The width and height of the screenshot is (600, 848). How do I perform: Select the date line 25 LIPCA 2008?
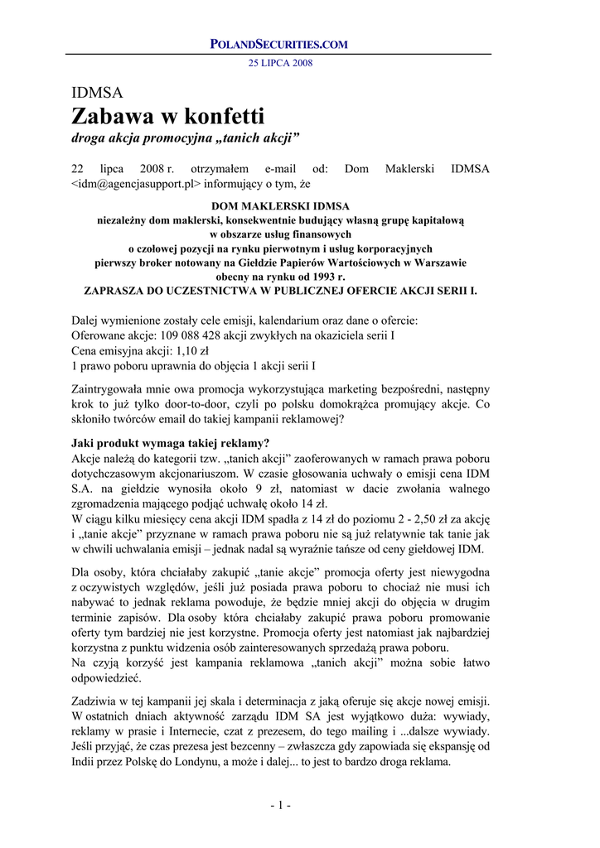(280, 63)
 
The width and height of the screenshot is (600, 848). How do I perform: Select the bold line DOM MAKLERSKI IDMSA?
(280, 206)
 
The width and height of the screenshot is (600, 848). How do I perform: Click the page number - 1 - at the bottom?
(280, 805)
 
